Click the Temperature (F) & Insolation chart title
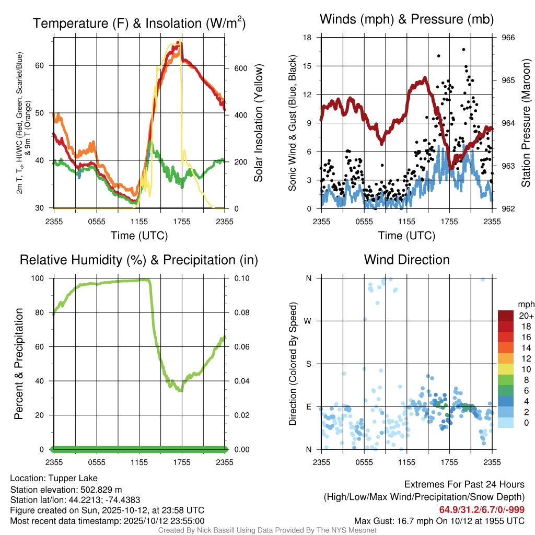pos(139,23)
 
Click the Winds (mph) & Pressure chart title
pos(406,20)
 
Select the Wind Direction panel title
pos(406,260)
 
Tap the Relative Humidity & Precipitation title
pos(139,260)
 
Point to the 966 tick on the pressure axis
pos(508,38)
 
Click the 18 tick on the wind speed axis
pos(308,38)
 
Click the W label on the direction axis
pos(309,321)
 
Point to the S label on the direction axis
pos(309,364)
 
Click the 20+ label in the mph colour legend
pos(525,316)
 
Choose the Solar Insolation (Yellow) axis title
pos(259,123)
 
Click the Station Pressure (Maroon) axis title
pos(526,123)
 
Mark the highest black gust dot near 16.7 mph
pos(463,50)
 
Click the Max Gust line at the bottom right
pos(439,520)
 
